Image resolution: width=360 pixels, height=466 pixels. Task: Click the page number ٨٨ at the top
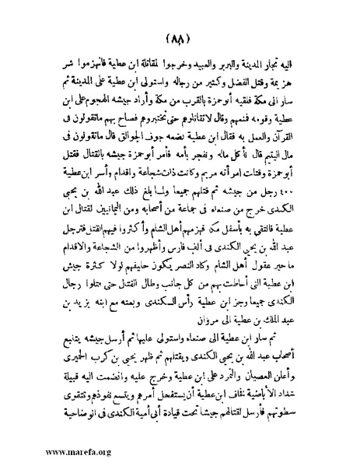(180, 37)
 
